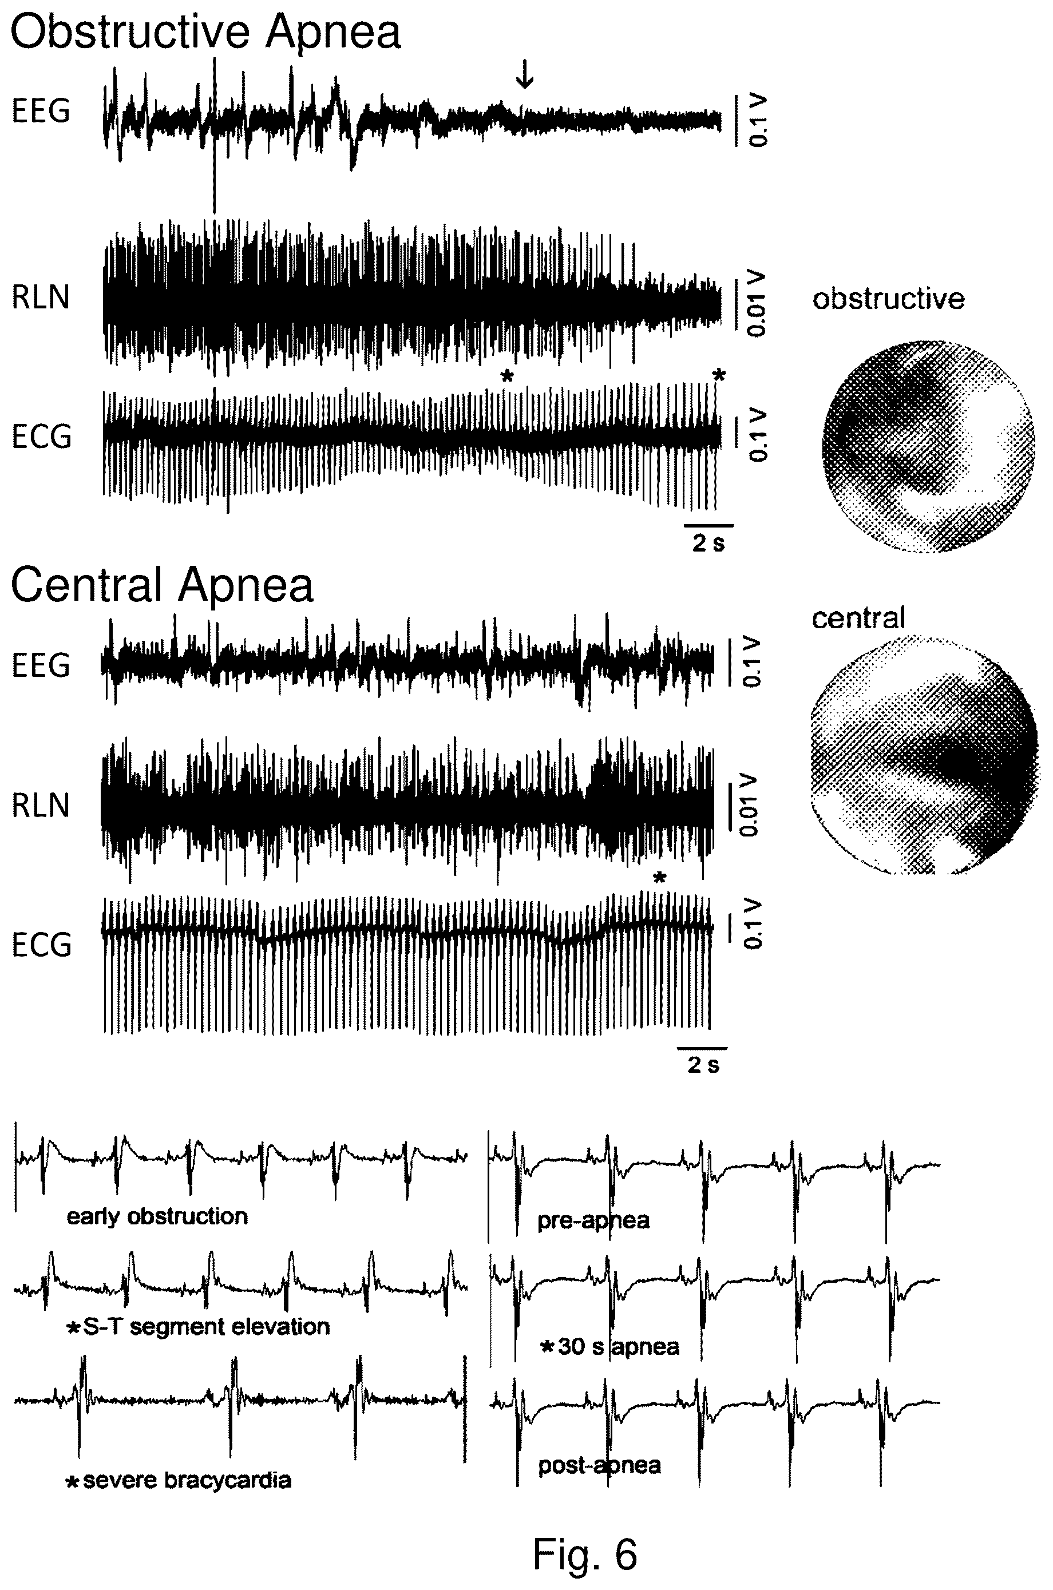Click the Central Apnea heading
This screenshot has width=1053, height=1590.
162,585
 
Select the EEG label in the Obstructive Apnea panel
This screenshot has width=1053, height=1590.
41,112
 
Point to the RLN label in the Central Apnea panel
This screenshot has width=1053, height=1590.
41,806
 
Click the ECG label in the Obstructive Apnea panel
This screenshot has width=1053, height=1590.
42,437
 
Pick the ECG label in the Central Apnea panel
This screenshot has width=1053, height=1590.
42,945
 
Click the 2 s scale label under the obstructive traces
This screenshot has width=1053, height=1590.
708,543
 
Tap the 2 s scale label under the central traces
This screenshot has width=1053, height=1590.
703,1065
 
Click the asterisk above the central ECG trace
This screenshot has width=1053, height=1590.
660,878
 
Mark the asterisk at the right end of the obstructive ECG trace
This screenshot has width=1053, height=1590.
719,376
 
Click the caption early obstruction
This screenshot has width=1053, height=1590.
157,1216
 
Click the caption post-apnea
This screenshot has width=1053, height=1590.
599,1465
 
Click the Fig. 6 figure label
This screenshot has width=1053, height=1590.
584,1555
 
